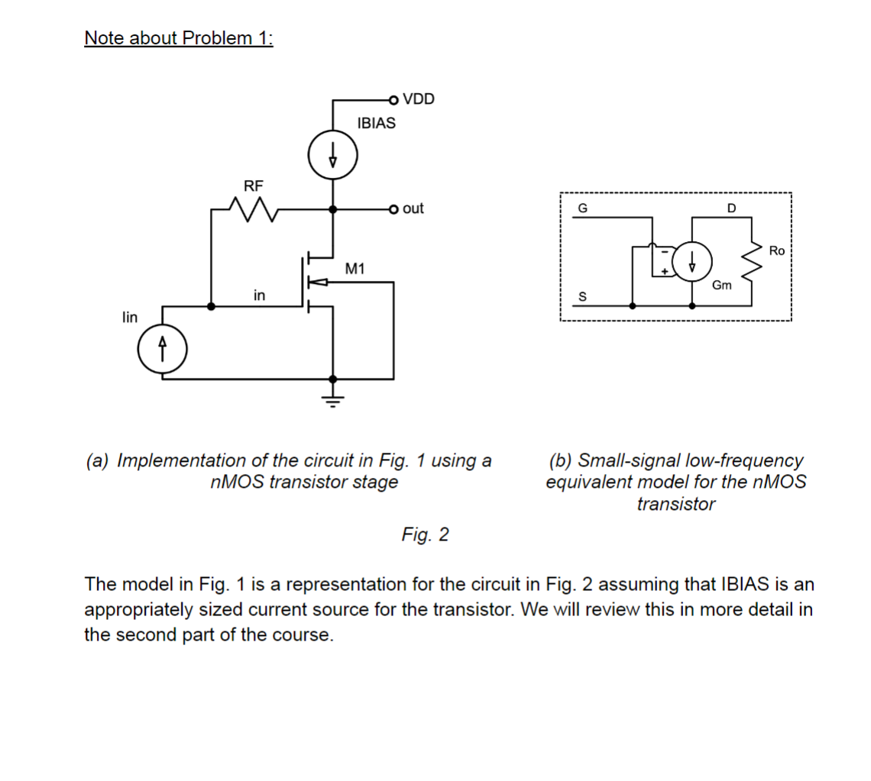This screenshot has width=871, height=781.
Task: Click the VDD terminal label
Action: tap(418, 98)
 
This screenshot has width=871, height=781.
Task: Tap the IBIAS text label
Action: tap(376, 123)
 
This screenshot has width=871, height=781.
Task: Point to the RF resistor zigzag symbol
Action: tap(249, 208)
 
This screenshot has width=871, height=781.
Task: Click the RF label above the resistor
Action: tap(253, 185)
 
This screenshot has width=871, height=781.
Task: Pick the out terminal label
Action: tap(413, 208)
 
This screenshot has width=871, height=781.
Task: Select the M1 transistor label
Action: tap(355, 268)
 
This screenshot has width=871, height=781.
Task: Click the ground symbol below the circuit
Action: tap(332, 397)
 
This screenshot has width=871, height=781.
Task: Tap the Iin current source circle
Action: tap(161, 351)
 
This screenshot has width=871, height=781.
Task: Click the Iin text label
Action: tap(129, 317)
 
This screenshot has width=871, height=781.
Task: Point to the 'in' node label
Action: tap(260, 295)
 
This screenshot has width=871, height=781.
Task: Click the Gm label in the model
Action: tap(722, 285)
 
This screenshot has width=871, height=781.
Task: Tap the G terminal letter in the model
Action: tap(583, 207)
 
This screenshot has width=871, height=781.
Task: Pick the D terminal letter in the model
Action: tap(730, 207)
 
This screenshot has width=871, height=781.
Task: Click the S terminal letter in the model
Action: tap(583, 297)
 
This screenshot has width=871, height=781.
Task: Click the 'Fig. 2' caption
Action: tap(425, 534)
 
